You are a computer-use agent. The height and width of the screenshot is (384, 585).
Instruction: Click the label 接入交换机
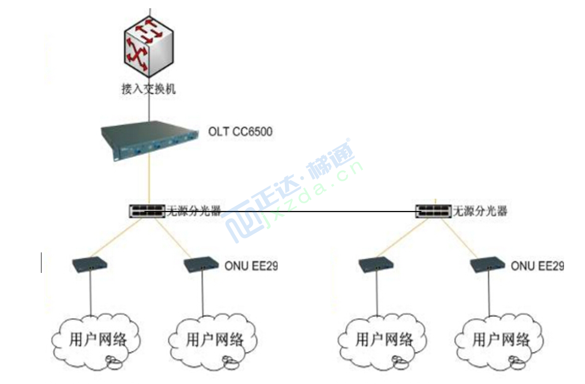(149, 89)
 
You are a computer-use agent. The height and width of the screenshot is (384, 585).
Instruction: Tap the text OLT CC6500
(240, 132)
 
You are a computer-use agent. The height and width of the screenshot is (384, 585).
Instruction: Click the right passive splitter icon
(433, 211)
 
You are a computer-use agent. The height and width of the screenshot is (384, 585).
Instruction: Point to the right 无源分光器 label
(479, 211)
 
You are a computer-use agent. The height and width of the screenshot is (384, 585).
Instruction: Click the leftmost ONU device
(90, 264)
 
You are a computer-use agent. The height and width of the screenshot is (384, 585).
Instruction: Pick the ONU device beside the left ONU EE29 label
(202, 264)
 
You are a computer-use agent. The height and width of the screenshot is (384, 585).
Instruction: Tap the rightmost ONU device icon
(489, 264)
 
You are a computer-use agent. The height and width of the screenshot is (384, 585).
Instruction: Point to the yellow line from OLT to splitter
(149, 182)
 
